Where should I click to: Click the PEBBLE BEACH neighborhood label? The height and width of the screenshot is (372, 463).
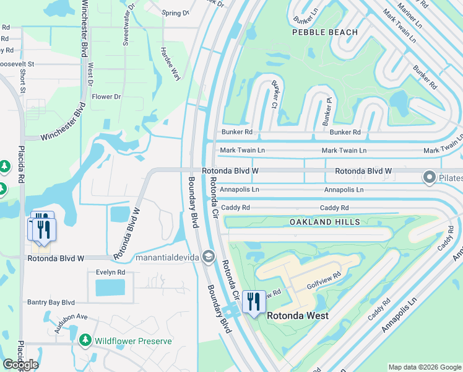tap(325, 32)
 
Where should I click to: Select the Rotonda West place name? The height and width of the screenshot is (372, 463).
tap(297, 316)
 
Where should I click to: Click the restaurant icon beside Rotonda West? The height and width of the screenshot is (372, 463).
tap(254, 302)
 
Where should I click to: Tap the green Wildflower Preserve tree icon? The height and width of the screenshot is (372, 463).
tap(85, 340)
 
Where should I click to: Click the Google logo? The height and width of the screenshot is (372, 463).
tap(20, 365)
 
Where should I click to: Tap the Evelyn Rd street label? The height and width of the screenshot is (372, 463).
tap(110, 272)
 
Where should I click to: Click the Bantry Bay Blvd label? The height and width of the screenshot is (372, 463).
tap(51, 303)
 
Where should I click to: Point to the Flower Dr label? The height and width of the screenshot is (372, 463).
tap(106, 97)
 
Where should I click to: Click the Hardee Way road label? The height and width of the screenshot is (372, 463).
tap(170, 64)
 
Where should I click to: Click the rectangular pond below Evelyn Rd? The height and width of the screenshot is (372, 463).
tap(110, 287)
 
